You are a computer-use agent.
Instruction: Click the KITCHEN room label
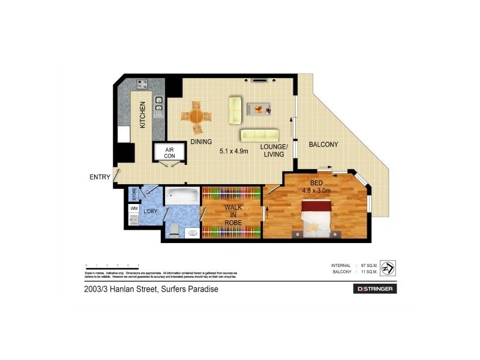[143, 115]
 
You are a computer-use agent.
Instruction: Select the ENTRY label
[100, 176]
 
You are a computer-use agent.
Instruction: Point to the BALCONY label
[323, 145]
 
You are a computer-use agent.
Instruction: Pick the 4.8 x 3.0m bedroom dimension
[316, 191]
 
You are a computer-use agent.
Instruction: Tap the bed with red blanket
[315, 217]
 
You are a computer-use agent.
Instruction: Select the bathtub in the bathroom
[182, 196]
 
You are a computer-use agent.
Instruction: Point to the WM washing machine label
[133, 208]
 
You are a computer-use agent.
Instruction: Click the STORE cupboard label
[134, 194]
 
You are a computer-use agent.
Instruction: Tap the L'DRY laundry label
[149, 212]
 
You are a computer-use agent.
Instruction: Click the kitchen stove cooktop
[143, 85]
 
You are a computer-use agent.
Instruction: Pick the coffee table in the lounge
[259, 109]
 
